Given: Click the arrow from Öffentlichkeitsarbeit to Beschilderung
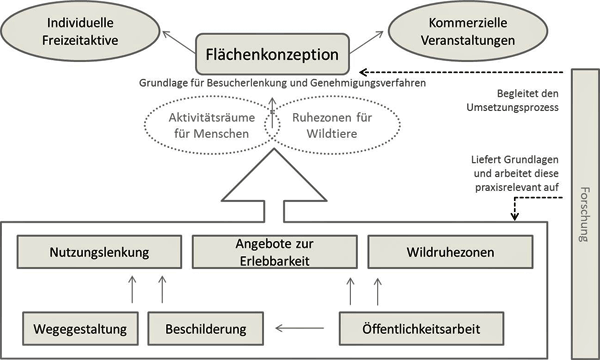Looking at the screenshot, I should pos(306,326).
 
